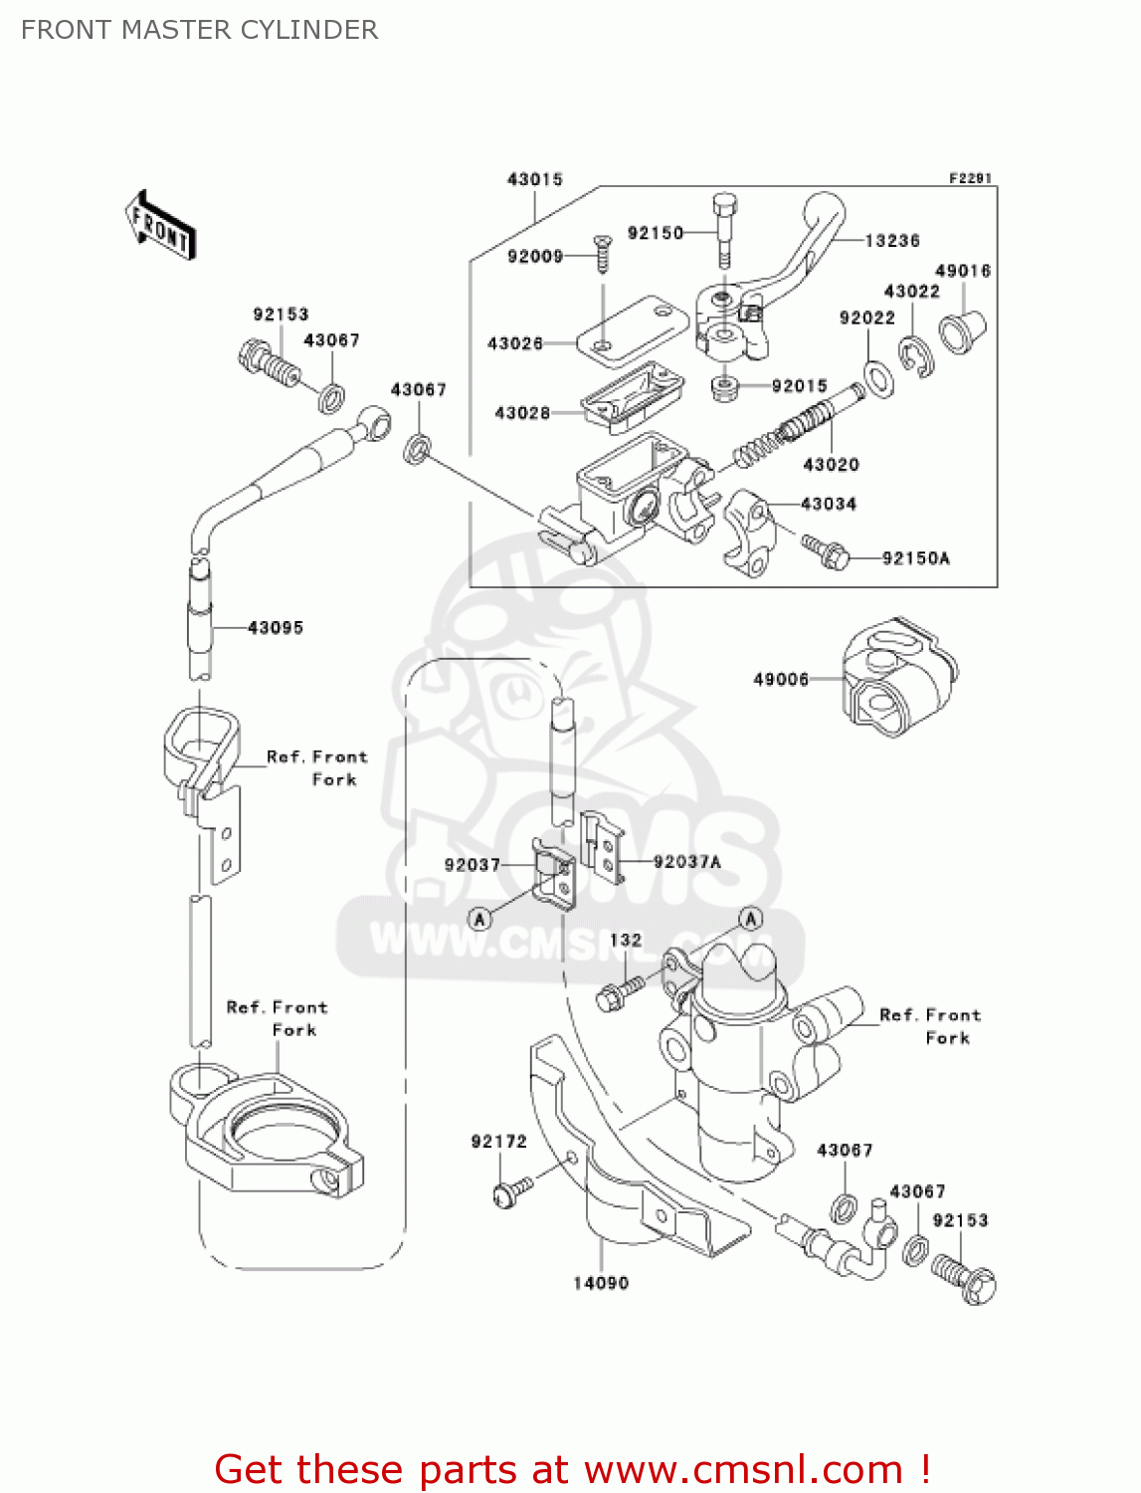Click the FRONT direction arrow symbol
click(x=159, y=226)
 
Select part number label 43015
click(x=535, y=179)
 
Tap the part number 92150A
click(x=915, y=558)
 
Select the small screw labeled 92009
click(x=602, y=253)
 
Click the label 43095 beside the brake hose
click(x=275, y=628)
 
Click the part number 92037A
click(x=686, y=862)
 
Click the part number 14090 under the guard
click(x=601, y=1283)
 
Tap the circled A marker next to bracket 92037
click(x=480, y=919)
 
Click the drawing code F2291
click(x=970, y=178)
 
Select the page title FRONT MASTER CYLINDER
click(x=199, y=30)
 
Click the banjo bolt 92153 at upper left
click(x=270, y=362)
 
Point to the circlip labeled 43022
click(x=915, y=357)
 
